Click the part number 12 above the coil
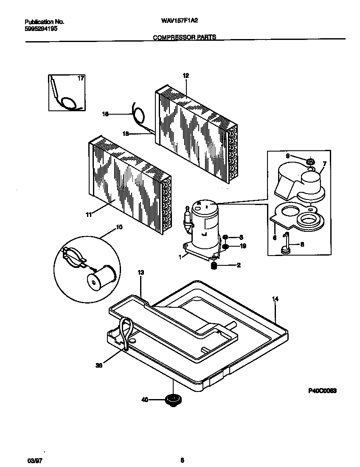click(x=186, y=76)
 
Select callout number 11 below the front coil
click(x=88, y=215)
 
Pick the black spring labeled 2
click(x=215, y=266)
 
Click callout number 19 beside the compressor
click(x=243, y=246)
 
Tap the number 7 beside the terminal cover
click(x=324, y=163)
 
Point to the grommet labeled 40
click(x=172, y=399)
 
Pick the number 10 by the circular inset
click(x=119, y=228)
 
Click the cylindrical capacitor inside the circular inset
click(x=100, y=278)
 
